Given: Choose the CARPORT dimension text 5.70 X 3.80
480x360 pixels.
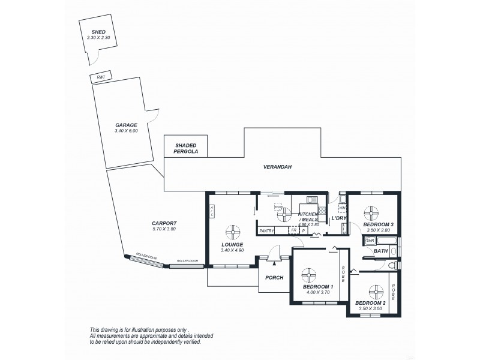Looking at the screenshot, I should (164, 229).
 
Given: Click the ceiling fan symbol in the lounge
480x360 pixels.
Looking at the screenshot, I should (232, 232).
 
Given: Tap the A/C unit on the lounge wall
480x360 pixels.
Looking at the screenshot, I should (212, 211).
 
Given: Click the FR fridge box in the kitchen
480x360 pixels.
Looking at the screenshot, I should (294, 230).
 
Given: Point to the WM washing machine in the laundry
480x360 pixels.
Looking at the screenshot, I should (342, 208).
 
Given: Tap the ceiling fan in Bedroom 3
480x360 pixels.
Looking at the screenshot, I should (372, 211).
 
